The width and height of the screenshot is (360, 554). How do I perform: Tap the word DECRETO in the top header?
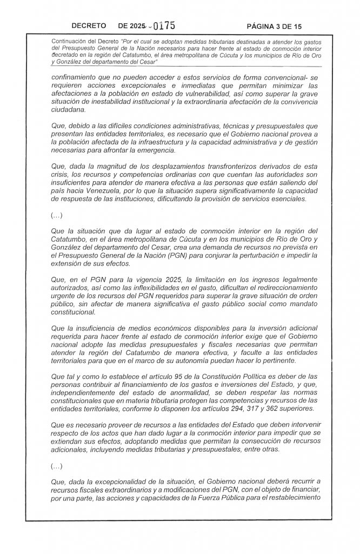pyautogui.click(x=90, y=26)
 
